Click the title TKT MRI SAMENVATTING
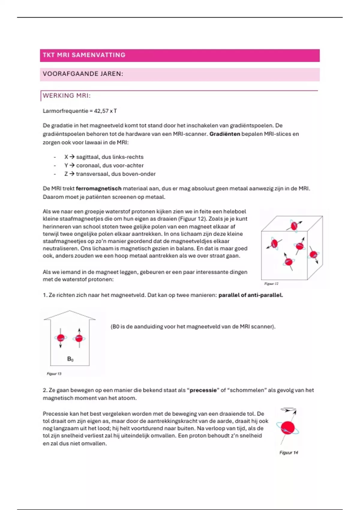[84, 55]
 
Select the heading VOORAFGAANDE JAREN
[83, 74]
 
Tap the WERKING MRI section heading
[67, 96]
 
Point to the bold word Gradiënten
[225, 134]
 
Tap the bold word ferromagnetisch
[99, 189]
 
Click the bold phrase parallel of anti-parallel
[250, 295]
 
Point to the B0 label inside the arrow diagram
[70, 359]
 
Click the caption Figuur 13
[54, 374]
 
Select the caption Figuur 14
[289, 453]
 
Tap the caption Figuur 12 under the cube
[271, 283]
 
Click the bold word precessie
[203, 390]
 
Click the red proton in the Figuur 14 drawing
[288, 428]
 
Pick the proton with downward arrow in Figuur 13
[61, 338]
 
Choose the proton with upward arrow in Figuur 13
[79, 338]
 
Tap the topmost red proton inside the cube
[294, 225]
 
